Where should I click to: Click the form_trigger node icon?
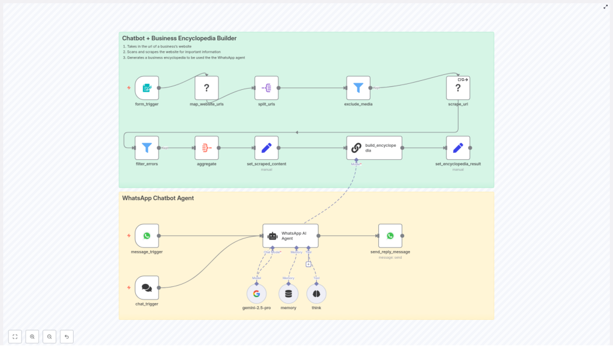pos(147,88)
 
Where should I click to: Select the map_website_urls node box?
pos(207,88)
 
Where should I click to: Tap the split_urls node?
pos(266,88)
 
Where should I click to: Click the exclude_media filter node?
pos(358,88)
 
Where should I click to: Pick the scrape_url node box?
pos(458,88)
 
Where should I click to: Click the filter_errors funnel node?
pos(147,147)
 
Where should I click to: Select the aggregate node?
pos(207,147)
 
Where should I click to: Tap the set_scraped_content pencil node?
pos(266,147)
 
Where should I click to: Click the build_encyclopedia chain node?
pos(374,147)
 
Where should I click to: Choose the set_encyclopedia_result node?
pos(458,147)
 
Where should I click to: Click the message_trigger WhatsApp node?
pos(147,236)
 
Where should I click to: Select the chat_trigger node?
pos(147,288)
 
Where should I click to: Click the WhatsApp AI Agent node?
pos(290,236)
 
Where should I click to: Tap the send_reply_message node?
pos(390,236)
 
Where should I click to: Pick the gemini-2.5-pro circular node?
pos(256,294)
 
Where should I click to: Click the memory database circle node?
pos(289,294)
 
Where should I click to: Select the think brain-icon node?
pos(316,294)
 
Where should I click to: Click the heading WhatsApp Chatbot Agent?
pos(158,198)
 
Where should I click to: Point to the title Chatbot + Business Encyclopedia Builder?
pos(179,38)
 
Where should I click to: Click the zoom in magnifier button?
pos(32,337)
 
